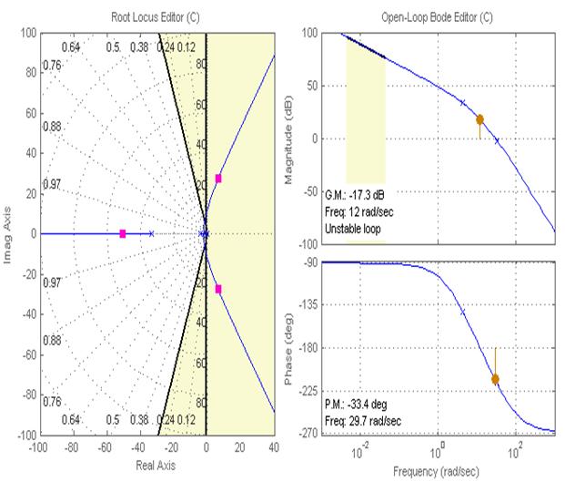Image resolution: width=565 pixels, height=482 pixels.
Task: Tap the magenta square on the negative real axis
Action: click(x=123, y=234)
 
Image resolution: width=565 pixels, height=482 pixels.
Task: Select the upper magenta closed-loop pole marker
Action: click(x=218, y=179)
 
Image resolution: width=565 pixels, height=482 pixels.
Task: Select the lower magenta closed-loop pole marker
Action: click(x=218, y=290)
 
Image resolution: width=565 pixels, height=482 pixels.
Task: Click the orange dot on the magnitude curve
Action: click(x=479, y=119)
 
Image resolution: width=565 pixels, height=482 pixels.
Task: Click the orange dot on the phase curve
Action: click(x=496, y=379)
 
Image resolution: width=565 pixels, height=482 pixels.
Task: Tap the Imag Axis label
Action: click(x=8, y=234)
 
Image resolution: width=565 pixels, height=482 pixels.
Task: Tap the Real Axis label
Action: click(x=156, y=465)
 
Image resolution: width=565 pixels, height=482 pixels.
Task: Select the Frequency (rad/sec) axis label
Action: click(x=438, y=473)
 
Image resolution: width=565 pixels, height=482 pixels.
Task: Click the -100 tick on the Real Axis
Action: click(x=38, y=448)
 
